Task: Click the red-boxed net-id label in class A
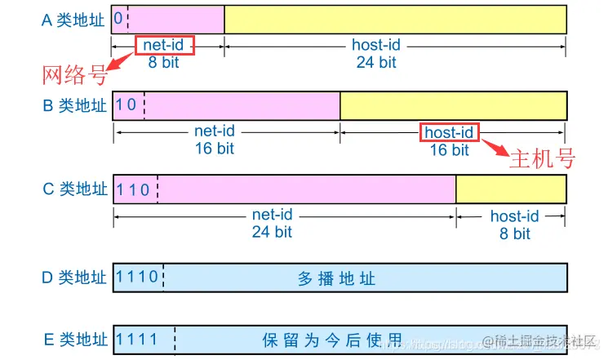[166, 45]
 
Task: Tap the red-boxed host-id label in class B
[449, 132]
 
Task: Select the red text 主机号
[542, 158]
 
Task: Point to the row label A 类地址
[74, 20]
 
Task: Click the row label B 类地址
[74, 105]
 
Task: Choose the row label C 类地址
[74, 190]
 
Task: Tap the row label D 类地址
[74, 278]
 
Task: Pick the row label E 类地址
[74, 338]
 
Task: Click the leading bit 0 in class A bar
[119, 19]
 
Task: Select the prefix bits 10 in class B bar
[126, 105]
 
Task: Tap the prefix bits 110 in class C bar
[133, 190]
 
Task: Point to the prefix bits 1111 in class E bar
[137, 338]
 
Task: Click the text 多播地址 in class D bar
[336, 279]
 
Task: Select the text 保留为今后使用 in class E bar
[332, 339]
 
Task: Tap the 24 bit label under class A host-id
[376, 61]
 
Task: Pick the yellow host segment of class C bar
[511, 189]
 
